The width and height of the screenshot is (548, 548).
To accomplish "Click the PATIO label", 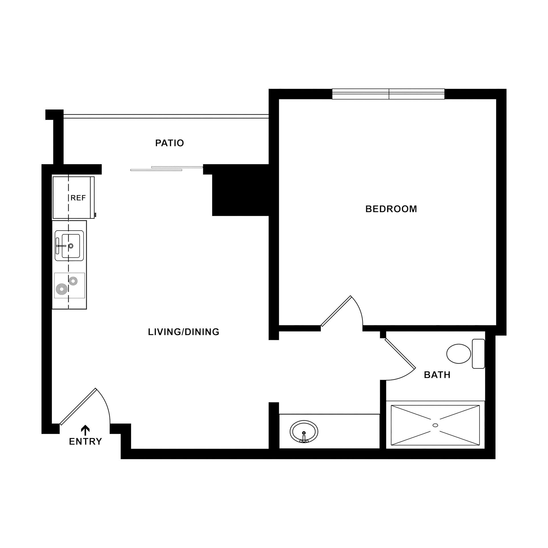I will point(170,143).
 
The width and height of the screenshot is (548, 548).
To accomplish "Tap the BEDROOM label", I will point(391,209).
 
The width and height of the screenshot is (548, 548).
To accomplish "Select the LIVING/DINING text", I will point(184,332).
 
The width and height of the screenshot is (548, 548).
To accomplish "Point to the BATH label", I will point(437,375).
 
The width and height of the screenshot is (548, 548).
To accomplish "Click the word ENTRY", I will point(85,442).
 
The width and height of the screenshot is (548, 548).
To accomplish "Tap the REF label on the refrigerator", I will point(78,198).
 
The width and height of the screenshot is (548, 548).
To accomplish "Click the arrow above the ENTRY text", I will point(85,430).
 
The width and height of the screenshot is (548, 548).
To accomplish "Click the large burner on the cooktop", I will point(62,289).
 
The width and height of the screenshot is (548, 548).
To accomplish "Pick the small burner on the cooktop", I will point(73,281).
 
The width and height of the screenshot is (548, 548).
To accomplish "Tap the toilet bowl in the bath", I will point(458,354).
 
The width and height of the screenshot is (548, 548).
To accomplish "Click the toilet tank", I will point(478,354).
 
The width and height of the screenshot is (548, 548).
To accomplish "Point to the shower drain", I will point(435,425).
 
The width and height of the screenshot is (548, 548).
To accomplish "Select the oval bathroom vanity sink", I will point(304,432).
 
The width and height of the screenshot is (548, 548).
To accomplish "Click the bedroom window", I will point(388,94).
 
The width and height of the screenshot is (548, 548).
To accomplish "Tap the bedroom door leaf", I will point(336,311).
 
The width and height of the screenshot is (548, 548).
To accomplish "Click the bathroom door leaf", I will point(400,353).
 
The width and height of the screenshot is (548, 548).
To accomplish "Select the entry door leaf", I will point(78,406).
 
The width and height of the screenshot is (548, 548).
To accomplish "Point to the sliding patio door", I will point(167,168).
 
